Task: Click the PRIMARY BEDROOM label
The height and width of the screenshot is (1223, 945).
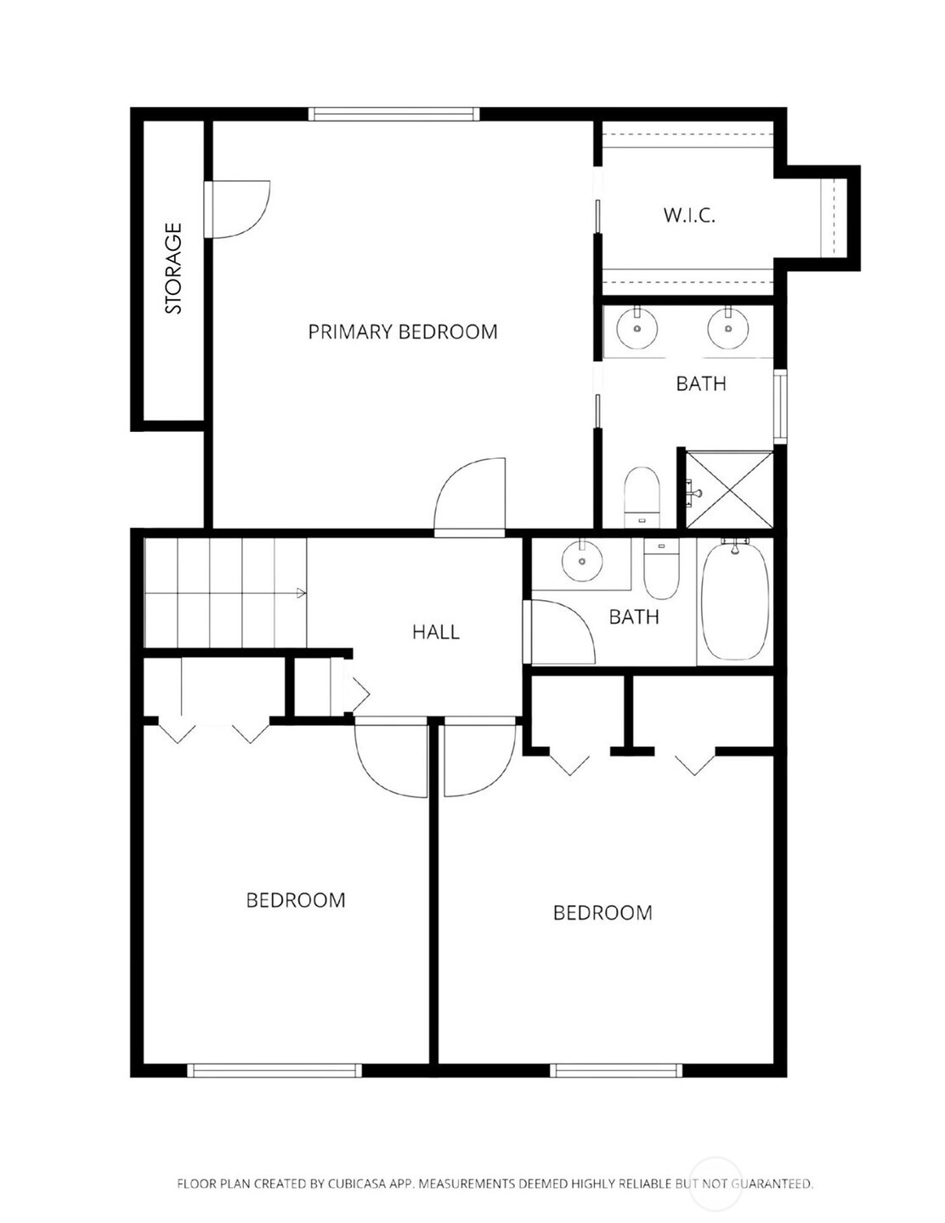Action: [x=403, y=331]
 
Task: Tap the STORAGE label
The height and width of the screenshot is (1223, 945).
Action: [x=174, y=268]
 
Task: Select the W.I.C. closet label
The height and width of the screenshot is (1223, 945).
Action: [x=689, y=215]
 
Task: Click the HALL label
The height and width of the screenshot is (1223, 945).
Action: [x=436, y=632]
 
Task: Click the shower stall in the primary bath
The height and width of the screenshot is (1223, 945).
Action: [x=729, y=490]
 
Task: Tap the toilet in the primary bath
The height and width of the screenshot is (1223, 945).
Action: [x=642, y=497]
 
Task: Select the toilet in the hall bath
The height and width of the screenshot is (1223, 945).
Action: [x=661, y=569]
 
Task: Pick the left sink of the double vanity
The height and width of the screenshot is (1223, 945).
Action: [x=637, y=327]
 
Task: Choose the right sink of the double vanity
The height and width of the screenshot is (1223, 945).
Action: [x=728, y=327]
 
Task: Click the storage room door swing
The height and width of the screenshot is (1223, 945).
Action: [x=239, y=209]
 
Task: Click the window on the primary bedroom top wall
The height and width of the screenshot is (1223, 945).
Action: [x=394, y=114]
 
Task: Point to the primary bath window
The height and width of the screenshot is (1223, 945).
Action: [x=779, y=406]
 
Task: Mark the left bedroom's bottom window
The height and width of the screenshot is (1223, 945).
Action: [x=274, y=1071]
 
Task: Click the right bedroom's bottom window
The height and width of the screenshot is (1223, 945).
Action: [x=616, y=1071]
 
